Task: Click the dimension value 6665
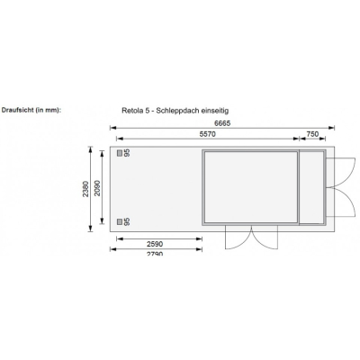[x=220, y=122]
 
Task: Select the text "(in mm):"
[x=48, y=111]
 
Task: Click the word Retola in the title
[x=133, y=111]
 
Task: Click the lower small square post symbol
[x=119, y=220]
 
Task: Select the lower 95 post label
[x=128, y=220]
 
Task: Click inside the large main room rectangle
[x=251, y=187]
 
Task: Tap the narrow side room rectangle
[x=312, y=187]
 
